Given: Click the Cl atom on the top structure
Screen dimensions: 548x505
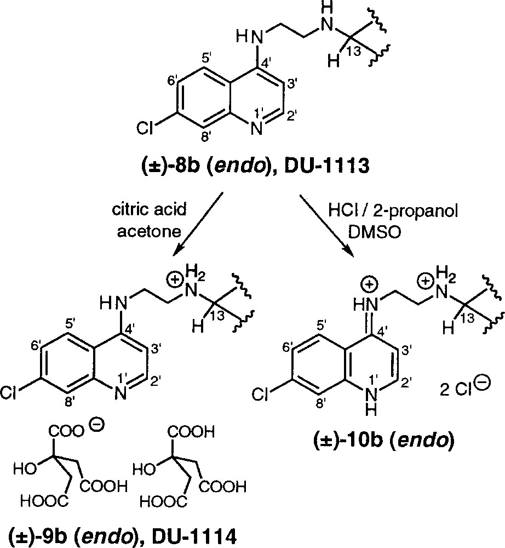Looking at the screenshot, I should point(146,128).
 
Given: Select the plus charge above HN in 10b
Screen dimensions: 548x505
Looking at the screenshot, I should point(370,284).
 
